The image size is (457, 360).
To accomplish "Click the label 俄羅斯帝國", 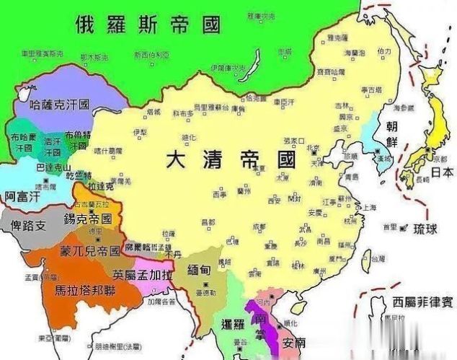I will coord(147,25).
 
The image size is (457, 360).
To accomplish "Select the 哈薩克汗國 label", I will coord(60,104).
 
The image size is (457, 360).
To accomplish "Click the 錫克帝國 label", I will coord(88,218).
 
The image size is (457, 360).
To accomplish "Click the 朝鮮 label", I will coord(396,134).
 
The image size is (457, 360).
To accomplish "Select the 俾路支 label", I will coord(28,226).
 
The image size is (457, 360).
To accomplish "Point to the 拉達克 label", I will coord(100,186).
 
